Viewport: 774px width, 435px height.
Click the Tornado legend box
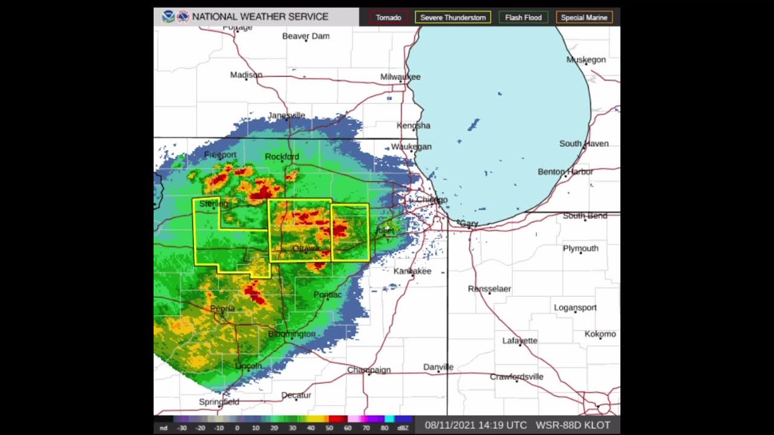(x=389, y=18)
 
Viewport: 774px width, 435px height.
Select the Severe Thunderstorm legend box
(x=453, y=18)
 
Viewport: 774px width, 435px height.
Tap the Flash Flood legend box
(x=523, y=18)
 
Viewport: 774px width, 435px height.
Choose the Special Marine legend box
(x=584, y=18)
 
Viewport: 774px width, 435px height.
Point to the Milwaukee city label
(x=400, y=77)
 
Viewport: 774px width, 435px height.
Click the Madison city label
(x=246, y=75)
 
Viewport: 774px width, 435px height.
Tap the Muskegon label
(x=586, y=59)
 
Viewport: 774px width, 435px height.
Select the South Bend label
(x=585, y=216)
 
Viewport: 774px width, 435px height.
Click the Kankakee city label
(x=412, y=271)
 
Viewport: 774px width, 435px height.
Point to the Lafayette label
(x=519, y=341)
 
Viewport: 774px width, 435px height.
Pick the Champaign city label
(x=369, y=370)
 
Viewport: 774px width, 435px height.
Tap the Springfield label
(x=219, y=402)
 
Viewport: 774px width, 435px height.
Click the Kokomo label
(x=600, y=334)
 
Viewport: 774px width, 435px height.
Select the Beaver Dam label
(x=306, y=36)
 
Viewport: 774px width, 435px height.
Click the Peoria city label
(x=223, y=309)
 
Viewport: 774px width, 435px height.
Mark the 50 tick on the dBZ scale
(x=329, y=428)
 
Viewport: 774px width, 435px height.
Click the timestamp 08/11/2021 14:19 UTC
(x=476, y=425)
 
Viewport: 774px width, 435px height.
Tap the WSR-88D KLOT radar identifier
(x=573, y=425)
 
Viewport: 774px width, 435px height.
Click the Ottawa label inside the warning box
(x=305, y=248)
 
